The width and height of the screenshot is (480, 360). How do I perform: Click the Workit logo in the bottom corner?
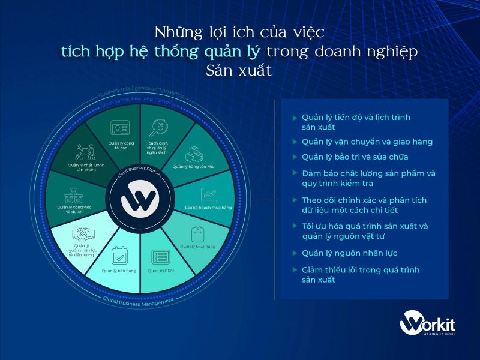[x=427, y=325]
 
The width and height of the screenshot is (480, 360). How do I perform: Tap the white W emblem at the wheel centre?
[x=140, y=203]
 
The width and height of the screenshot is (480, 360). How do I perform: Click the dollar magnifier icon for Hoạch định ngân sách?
[x=159, y=128]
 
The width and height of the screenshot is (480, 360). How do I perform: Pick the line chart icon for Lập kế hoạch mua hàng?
[x=209, y=194]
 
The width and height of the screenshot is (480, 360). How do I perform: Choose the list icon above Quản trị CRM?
[x=160, y=257]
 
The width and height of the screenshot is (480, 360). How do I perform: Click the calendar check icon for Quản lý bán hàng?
[x=119, y=257]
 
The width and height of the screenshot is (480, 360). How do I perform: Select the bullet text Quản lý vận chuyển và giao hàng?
[x=367, y=142]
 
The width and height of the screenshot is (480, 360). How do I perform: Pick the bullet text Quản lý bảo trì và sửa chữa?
[x=355, y=157]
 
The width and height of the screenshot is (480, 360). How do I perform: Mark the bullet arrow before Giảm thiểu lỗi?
[x=295, y=270]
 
